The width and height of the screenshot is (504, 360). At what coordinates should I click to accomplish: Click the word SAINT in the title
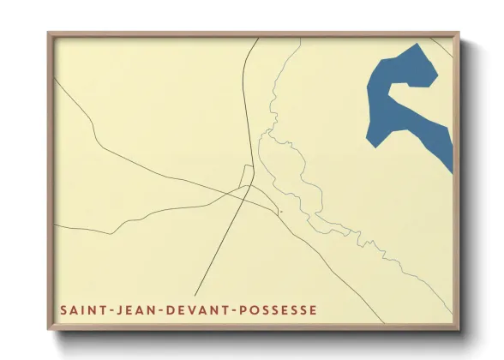tap(79, 309)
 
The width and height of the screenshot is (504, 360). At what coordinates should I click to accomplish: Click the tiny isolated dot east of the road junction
tap(280, 212)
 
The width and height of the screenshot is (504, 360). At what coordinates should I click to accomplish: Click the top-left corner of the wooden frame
tap(49, 33)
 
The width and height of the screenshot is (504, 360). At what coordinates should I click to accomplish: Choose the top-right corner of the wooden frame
tap(459, 33)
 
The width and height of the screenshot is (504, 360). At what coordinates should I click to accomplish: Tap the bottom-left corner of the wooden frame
tap(49, 331)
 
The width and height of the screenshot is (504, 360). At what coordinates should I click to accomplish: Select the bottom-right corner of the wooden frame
tap(459, 331)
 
